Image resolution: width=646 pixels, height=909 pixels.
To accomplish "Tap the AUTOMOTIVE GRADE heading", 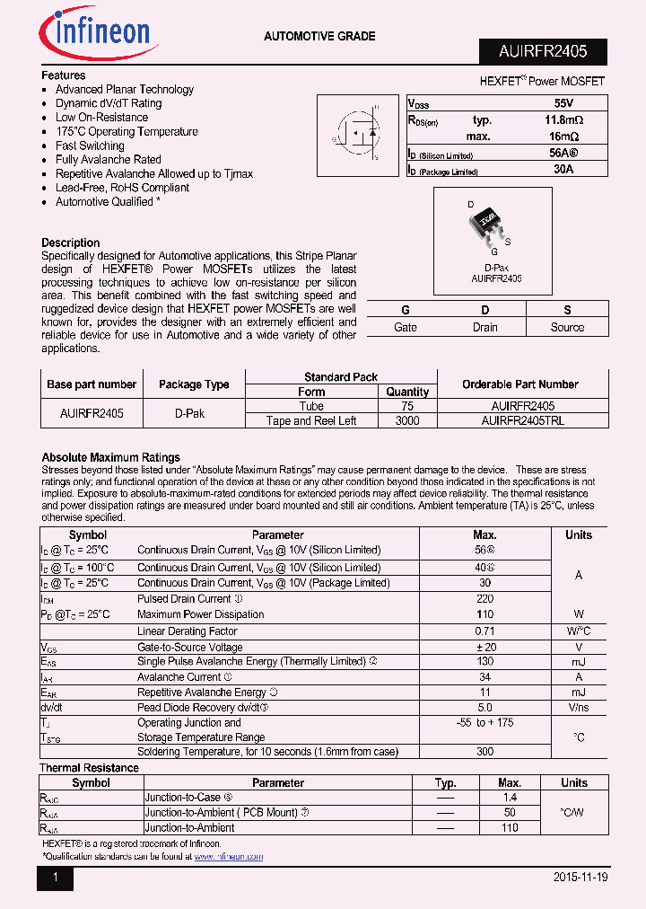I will (319, 36).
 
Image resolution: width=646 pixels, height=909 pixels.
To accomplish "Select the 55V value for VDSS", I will (563, 103).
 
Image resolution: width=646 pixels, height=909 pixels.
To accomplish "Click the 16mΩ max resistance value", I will (563, 137).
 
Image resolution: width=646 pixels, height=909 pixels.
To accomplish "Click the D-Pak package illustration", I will (487, 225).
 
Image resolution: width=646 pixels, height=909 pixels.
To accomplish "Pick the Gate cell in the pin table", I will (406, 327).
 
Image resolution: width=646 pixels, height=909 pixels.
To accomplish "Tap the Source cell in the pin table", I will (567, 327).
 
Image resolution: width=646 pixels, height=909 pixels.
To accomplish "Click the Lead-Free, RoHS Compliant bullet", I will (122, 188).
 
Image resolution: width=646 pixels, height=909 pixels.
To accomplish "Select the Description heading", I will (71, 243).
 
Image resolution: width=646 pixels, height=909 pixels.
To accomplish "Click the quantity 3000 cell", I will (407, 420).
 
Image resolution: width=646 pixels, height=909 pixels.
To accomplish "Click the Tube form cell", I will (311, 406).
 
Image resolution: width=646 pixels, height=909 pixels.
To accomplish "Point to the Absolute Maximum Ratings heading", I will (111, 457).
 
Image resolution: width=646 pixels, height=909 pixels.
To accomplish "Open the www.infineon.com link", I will (229, 857).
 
